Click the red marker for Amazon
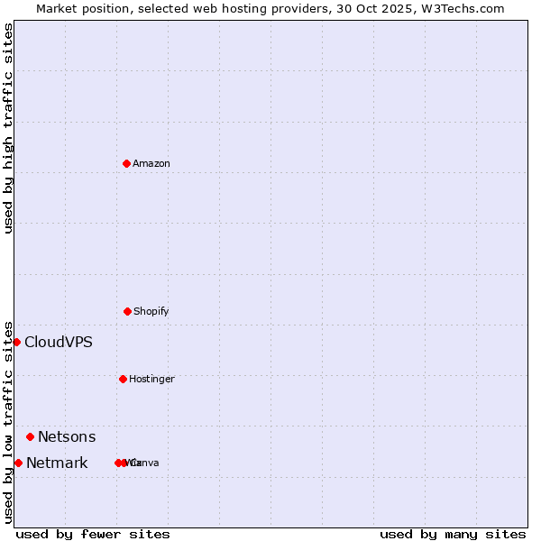coord(126,163)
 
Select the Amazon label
coord(151,163)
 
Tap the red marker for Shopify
coord(127,311)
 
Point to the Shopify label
coord(151,311)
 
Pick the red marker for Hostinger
coord(123,379)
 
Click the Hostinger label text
coord(151,379)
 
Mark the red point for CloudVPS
coord(16,342)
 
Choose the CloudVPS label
coord(59,342)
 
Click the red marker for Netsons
coord(30,436)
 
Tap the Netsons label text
coord(67,436)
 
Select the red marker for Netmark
coord(18,463)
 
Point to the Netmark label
coord(57,463)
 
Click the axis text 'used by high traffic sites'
coord(8,128)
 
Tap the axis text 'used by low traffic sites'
coord(8,422)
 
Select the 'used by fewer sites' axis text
coord(93,534)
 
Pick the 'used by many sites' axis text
coord(453,534)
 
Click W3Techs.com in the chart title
coord(463,8)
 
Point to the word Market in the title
coord(58,8)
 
